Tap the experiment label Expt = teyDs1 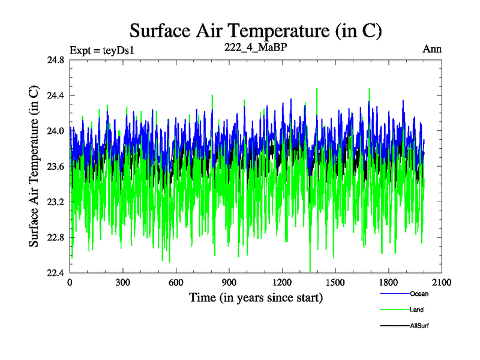point(101,50)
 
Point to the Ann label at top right point(433,49)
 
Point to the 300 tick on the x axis point(123,283)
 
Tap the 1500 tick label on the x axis point(335,283)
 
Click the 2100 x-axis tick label point(442,283)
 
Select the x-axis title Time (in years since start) point(256,297)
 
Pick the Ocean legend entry point(419,294)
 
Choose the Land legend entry point(417,310)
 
